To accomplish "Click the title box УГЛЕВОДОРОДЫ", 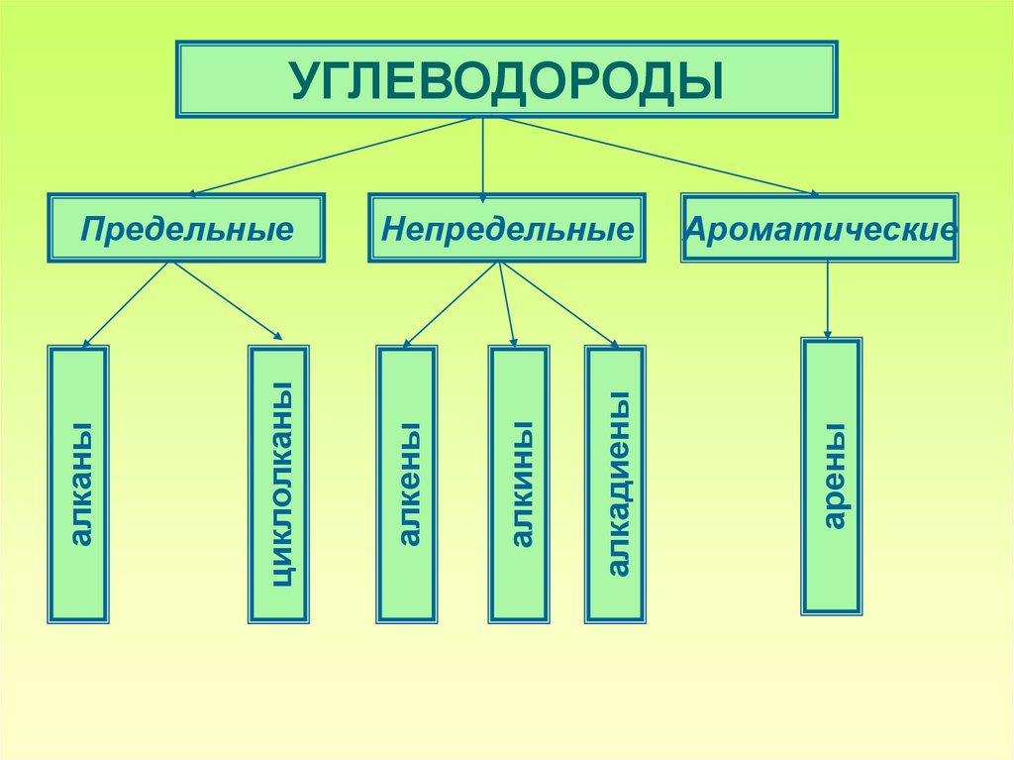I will point(506,79).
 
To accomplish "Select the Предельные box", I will point(186,228).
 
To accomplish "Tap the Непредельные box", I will point(507,228).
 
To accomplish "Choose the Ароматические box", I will point(819,228).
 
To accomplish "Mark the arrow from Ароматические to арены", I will point(828,298).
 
